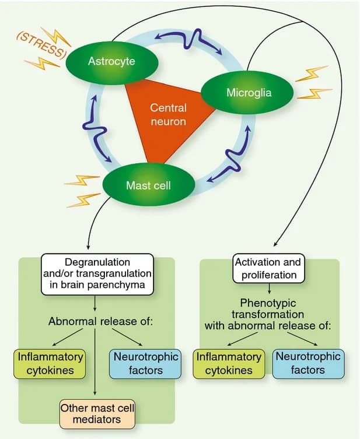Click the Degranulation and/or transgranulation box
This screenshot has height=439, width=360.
pos(97,273)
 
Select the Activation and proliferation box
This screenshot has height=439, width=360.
pos(268,268)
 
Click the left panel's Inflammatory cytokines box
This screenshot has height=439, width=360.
pos(50,363)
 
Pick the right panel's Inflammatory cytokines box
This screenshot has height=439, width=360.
pos(229,363)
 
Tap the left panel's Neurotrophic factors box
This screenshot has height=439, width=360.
pos(138,363)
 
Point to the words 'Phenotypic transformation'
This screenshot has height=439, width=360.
pos(268,308)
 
